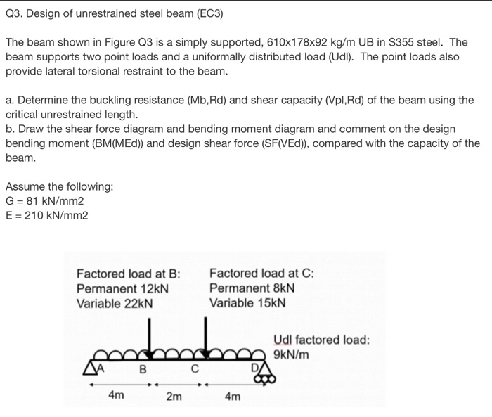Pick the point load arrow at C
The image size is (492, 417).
206,337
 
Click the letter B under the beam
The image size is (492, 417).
143,366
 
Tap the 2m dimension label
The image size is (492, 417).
174,397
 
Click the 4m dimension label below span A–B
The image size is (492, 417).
117,396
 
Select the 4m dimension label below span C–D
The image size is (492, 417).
233,397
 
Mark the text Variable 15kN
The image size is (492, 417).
248,303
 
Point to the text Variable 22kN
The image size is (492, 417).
115,303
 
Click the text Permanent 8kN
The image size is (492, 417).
252,288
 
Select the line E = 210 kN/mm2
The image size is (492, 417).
47,215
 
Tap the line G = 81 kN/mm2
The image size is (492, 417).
46,200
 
